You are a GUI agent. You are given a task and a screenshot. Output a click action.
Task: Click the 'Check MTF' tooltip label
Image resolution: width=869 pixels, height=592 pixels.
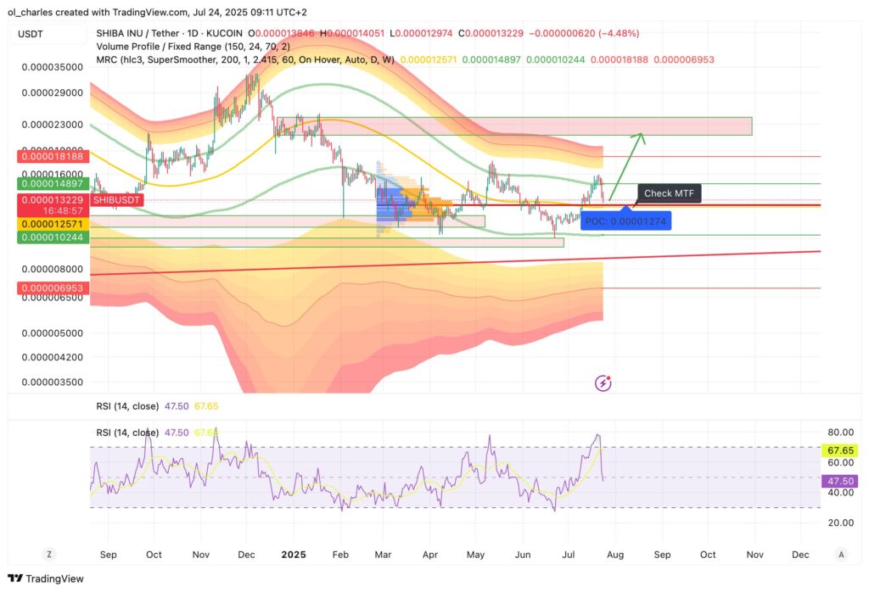[x=669, y=193]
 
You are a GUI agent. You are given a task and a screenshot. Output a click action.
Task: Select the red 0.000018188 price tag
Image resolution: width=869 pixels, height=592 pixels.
[x=48, y=157]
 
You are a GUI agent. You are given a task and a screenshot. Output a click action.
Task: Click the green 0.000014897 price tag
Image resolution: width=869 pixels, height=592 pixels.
[x=48, y=183]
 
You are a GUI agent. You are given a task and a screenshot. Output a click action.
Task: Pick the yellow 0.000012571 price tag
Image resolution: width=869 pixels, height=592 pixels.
[x=48, y=223]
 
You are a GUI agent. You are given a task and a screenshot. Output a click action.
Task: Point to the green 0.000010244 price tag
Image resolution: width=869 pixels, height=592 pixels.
[x=48, y=238]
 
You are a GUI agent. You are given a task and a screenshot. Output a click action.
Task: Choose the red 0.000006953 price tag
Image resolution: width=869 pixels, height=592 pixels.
[x=48, y=289]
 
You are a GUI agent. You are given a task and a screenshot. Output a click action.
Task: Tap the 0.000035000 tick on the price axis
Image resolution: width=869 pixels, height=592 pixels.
[x=53, y=66]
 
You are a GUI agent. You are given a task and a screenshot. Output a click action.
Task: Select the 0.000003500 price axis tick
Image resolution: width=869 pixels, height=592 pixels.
[x=53, y=383]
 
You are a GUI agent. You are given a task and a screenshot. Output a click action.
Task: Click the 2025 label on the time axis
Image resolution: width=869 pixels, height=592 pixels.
[x=293, y=555]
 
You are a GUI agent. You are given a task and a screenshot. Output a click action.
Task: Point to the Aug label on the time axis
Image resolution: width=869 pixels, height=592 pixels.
[x=615, y=555]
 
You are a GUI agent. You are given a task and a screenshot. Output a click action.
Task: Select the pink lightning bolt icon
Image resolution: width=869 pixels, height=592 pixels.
[x=603, y=383]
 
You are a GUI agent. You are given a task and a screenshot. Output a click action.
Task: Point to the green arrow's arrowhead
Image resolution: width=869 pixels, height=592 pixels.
[x=642, y=136]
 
